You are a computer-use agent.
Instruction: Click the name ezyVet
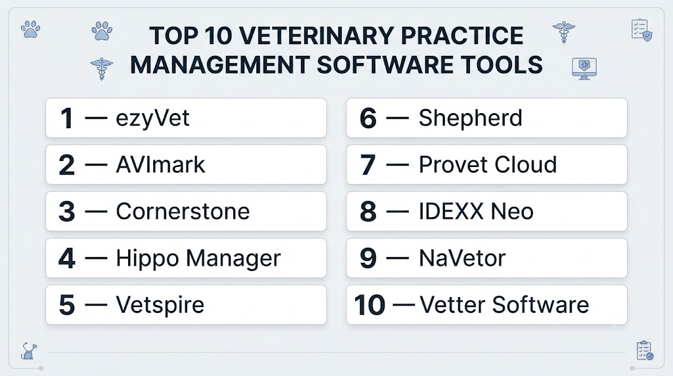(x=152, y=118)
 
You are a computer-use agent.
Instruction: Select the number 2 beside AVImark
(x=66, y=165)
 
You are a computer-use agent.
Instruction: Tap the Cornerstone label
(x=183, y=211)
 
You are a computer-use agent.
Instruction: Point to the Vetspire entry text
(x=160, y=305)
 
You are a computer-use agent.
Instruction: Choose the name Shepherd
(x=471, y=118)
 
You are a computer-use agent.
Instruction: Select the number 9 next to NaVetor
(x=368, y=258)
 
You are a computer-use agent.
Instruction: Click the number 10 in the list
(x=369, y=305)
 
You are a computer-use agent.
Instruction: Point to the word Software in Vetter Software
(x=540, y=305)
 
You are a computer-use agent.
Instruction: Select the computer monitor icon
(x=584, y=68)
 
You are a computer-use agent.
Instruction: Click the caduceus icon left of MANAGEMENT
(x=102, y=68)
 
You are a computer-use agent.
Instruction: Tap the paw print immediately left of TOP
(x=102, y=31)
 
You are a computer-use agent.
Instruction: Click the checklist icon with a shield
(x=641, y=30)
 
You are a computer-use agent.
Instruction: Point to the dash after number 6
(x=398, y=118)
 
